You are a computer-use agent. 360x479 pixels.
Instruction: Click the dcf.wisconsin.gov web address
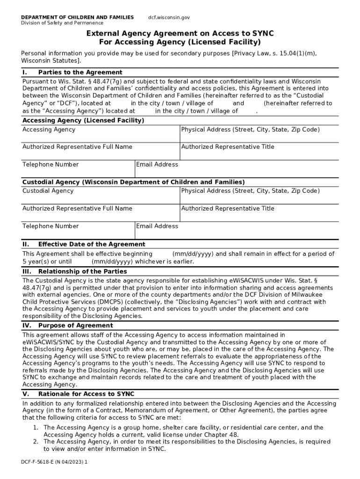click(169, 17)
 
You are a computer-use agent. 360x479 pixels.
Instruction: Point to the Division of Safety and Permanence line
click(62, 23)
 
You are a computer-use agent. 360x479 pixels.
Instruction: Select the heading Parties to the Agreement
click(80, 73)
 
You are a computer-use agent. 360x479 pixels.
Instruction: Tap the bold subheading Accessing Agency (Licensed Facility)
click(83, 120)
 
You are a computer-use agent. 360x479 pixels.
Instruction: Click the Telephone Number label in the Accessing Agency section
click(50, 165)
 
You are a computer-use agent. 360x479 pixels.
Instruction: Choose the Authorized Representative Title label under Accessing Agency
click(228, 147)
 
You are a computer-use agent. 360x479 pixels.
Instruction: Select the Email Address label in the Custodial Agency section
click(157, 226)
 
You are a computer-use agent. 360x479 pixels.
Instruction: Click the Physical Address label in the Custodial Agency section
click(250, 191)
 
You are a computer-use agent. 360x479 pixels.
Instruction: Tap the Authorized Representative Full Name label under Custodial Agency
click(77, 209)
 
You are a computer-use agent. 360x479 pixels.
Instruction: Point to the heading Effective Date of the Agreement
click(92, 244)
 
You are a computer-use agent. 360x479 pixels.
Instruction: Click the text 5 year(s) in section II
click(36, 261)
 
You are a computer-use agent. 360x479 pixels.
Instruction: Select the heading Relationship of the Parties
click(82, 271)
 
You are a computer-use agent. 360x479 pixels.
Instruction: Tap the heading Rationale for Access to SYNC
click(86, 394)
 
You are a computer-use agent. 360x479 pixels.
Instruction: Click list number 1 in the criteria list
click(36, 428)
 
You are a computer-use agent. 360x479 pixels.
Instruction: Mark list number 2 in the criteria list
click(36, 442)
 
